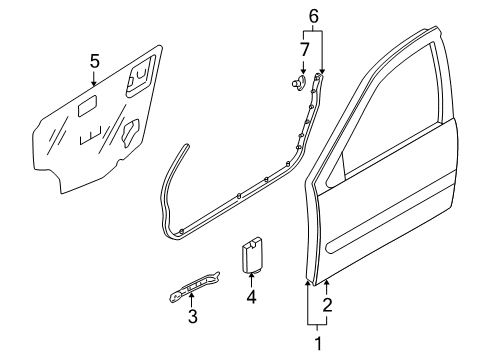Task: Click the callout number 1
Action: pyautogui.click(x=318, y=343)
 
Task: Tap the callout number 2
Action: pyautogui.click(x=327, y=305)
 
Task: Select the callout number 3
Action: pyautogui.click(x=193, y=316)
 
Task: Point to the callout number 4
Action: pyautogui.click(x=251, y=297)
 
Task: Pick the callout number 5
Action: pyautogui.click(x=95, y=61)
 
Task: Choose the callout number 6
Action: pyautogui.click(x=314, y=16)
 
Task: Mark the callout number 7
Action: pyautogui.click(x=304, y=49)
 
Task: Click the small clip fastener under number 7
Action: pyautogui.click(x=299, y=82)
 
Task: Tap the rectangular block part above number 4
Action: pyautogui.click(x=252, y=255)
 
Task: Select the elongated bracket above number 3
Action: pyautogui.click(x=194, y=286)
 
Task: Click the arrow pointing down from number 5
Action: pyautogui.click(x=94, y=78)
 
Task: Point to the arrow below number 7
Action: pyautogui.click(x=303, y=66)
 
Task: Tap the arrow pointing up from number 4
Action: pyautogui.click(x=251, y=280)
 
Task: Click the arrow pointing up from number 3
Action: pyautogui.click(x=191, y=299)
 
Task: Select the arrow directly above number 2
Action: pyautogui.click(x=327, y=288)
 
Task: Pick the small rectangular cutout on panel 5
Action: pyautogui.click(x=87, y=106)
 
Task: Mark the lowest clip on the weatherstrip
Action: pyautogui.click(x=181, y=231)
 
